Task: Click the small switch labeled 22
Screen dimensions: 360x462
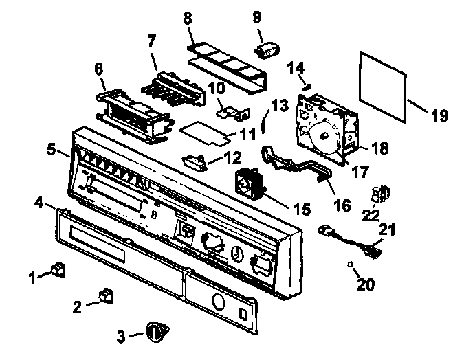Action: pos(379,196)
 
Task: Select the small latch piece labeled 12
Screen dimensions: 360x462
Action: pos(193,161)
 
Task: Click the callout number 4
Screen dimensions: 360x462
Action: pos(39,203)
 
